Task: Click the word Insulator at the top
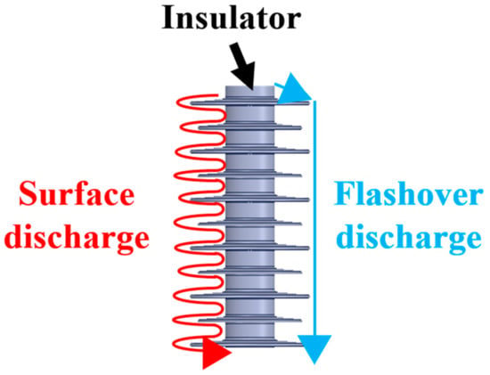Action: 232,18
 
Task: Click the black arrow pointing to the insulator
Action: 243,66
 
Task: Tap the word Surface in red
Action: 77,194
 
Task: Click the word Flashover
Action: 409,194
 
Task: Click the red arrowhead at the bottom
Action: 216,354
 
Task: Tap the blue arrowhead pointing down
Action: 314,349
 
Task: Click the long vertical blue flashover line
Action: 315,218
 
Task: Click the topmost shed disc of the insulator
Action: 250,102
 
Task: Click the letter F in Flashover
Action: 343,194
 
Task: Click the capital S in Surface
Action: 27,194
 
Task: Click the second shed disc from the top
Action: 250,126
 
